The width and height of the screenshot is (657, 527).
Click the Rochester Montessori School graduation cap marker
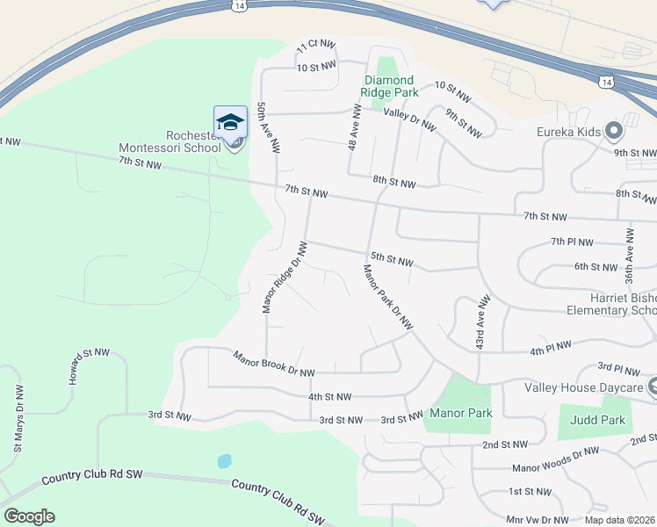click(230, 122)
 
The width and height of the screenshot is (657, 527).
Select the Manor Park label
click(460, 413)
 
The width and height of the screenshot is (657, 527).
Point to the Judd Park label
click(597, 420)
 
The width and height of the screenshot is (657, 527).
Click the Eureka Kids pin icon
click(614, 133)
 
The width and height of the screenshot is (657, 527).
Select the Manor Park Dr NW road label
click(388, 296)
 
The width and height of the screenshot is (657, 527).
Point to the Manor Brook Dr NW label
click(273, 364)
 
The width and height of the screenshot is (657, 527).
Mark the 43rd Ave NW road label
click(480, 324)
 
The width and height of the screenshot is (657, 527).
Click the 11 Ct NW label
click(316, 44)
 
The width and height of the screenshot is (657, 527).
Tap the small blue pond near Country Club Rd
click(224, 461)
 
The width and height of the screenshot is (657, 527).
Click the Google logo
click(29, 516)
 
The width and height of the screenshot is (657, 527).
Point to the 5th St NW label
click(392, 259)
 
